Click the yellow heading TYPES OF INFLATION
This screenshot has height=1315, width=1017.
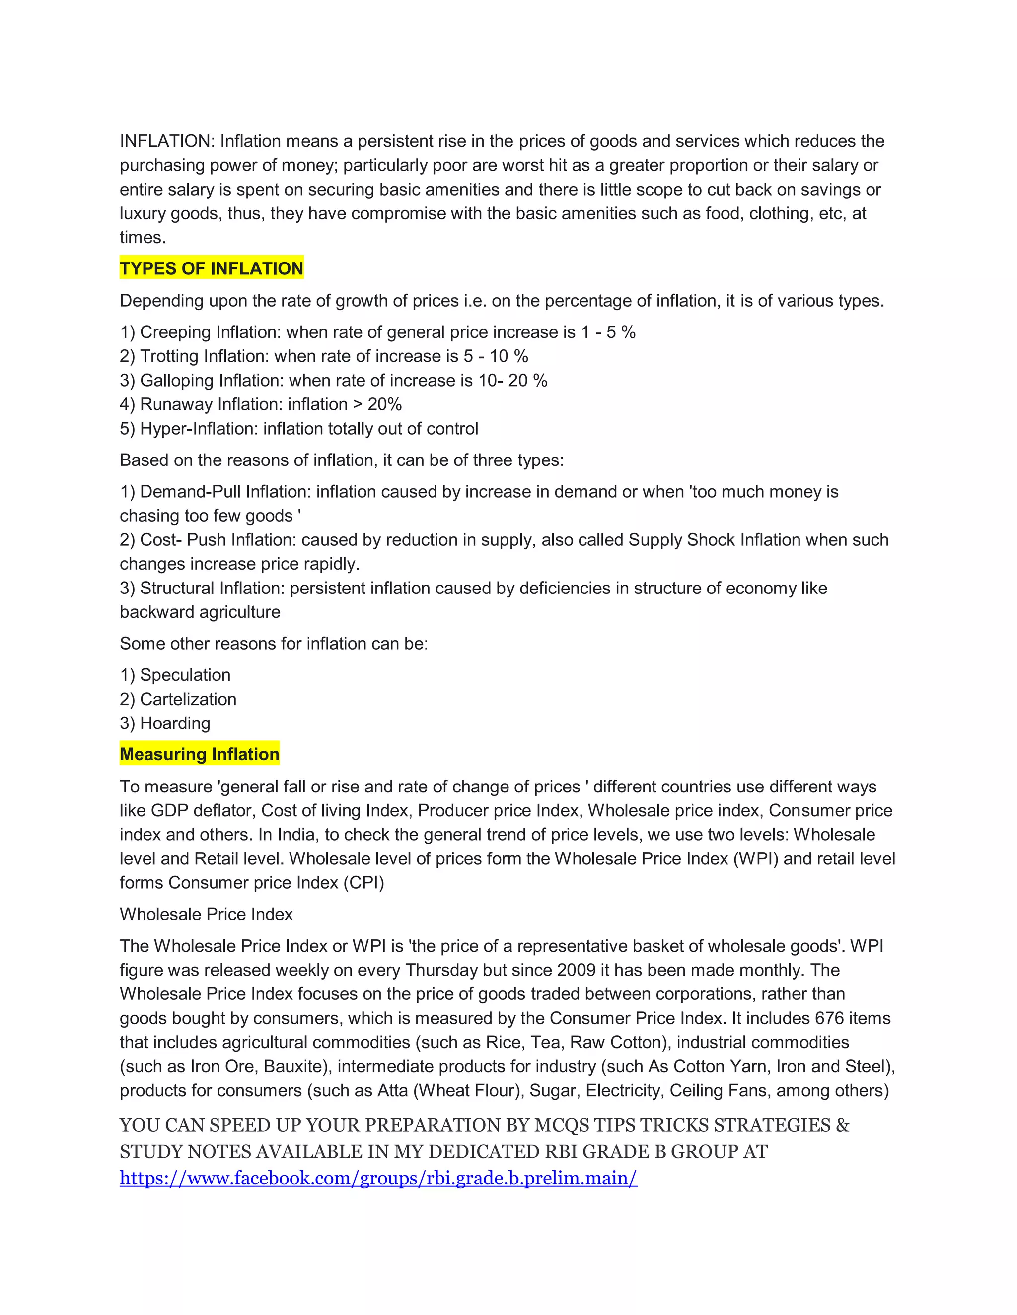[212, 268]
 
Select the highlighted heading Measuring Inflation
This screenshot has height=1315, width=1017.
[200, 754]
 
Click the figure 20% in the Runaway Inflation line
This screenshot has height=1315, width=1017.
[384, 404]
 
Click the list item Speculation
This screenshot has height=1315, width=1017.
[185, 675]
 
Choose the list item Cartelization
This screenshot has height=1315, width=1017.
[188, 699]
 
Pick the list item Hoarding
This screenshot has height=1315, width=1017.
[175, 723]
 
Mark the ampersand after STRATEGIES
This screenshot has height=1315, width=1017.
[842, 1125]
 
